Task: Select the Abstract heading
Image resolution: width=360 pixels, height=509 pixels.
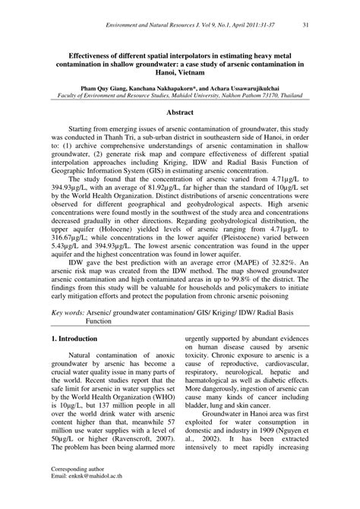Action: tap(179, 111)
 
